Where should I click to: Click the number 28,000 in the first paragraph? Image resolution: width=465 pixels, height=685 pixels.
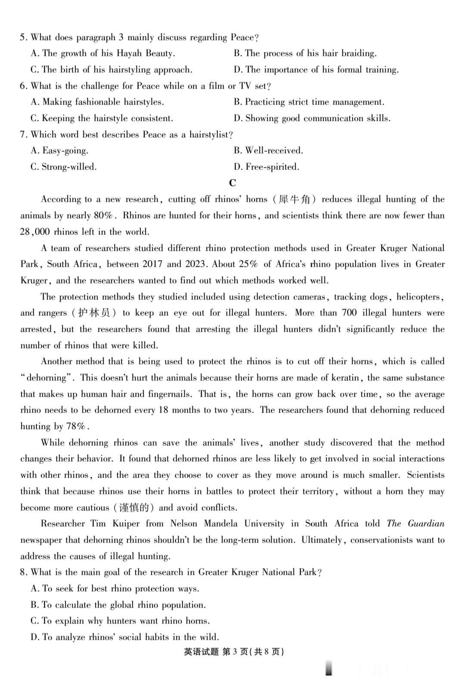pos(35,232)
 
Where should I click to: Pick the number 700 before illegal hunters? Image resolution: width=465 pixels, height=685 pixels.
pos(349,313)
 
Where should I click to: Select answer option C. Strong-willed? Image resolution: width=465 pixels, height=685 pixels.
pos(64,167)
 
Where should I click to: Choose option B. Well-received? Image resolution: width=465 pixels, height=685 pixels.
pos(268,151)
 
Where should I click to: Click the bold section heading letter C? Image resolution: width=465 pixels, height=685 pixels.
pos(232,183)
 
